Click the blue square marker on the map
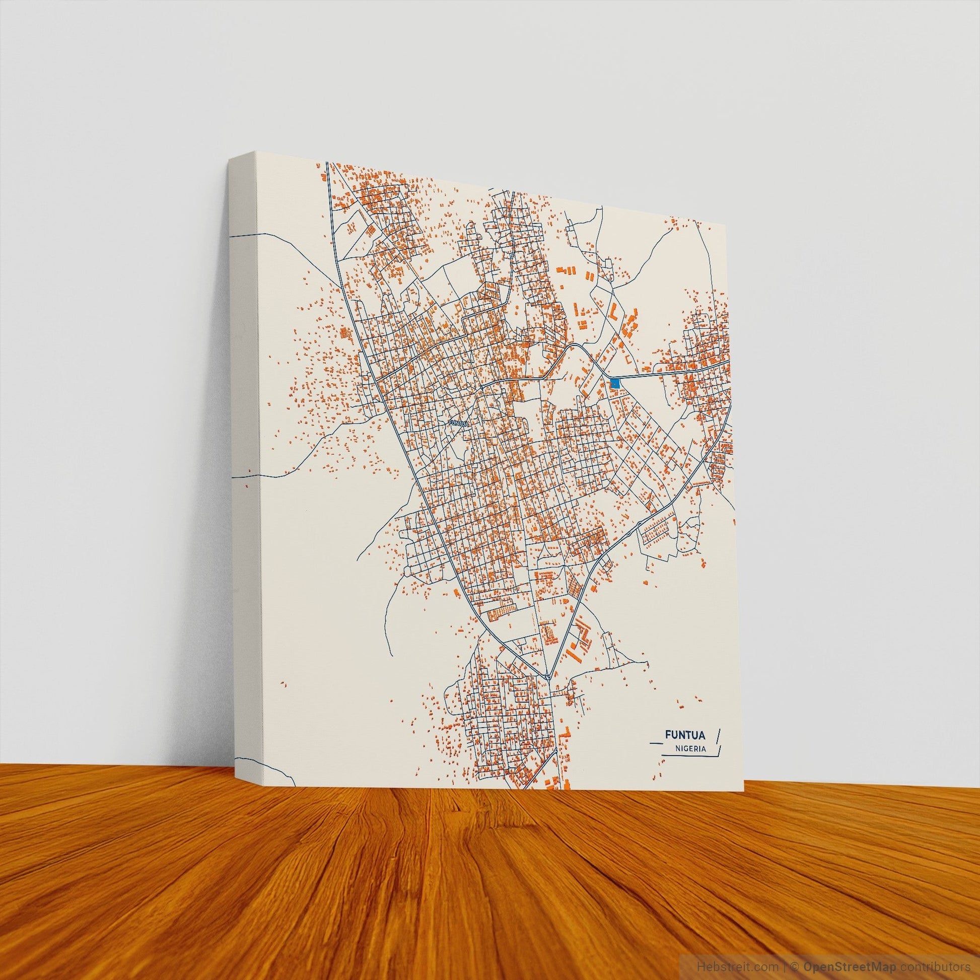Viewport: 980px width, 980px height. [615, 383]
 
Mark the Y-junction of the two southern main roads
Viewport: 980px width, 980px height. [548, 677]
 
